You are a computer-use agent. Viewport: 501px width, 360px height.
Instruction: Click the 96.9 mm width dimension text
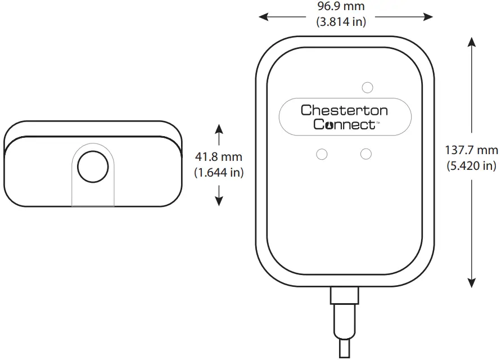[341, 7]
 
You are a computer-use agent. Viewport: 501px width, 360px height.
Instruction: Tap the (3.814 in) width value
[341, 22]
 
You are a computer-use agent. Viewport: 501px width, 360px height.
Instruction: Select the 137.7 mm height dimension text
[471, 150]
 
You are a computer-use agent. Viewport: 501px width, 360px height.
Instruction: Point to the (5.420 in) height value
[471, 165]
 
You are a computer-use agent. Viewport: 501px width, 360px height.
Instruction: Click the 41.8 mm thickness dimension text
[218, 157]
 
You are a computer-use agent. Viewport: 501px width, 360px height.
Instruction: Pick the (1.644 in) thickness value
[218, 173]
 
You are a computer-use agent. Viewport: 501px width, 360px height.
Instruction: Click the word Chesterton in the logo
[344, 110]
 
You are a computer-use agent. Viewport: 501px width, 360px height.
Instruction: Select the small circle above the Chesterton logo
[368, 87]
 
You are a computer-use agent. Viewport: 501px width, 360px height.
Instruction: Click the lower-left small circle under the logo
[322, 154]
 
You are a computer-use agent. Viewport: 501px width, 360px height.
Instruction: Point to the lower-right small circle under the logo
[367, 154]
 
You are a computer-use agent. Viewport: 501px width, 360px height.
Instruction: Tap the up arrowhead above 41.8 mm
[219, 129]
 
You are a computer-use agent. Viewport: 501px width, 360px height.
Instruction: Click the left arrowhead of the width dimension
[263, 17]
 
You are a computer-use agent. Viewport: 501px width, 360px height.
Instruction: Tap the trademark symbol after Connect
[378, 121]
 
